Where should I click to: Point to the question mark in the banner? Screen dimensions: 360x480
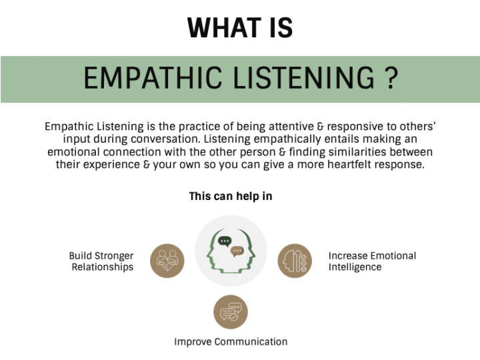click(391, 79)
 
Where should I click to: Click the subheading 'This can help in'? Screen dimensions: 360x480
click(231, 196)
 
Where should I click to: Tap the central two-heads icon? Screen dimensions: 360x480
click(231, 251)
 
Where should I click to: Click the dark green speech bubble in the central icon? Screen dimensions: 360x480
click(225, 241)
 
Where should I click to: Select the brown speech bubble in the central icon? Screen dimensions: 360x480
click(237, 251)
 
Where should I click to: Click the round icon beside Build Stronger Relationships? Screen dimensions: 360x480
click(167, 261)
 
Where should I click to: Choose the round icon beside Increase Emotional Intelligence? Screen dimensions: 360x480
click(294, 261)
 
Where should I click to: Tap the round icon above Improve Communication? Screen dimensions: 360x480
click(230, 311)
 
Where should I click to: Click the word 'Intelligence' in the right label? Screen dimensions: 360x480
click(355, 267)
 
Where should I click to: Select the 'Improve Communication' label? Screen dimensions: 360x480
click(231, 342)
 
